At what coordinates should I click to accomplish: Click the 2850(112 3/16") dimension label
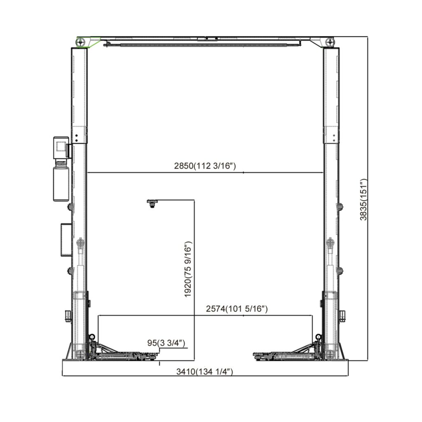204,166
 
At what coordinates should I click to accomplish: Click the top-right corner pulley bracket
326,42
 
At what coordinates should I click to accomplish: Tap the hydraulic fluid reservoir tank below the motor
61,181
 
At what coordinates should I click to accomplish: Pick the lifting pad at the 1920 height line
152,203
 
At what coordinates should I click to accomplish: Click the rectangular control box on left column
66,239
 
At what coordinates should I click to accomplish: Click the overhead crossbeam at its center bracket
208,40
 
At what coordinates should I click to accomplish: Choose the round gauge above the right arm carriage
318,337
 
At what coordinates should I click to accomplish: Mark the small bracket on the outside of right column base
342,316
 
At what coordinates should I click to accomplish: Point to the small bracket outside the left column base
68,316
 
